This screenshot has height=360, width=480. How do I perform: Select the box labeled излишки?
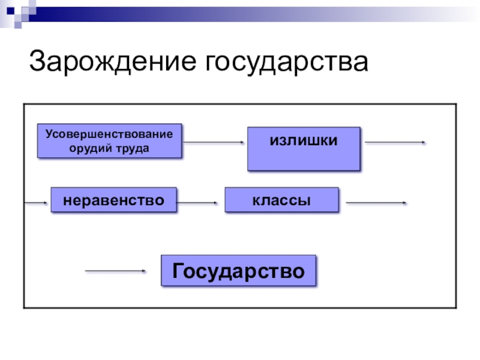[x=304, y=149]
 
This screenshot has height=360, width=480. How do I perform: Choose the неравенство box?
[x=114, y=200]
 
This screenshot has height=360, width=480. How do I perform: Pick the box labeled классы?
[x=281, y=200]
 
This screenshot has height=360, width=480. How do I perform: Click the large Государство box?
[x=239, y=271]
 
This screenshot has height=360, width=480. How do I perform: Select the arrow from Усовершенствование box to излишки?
[x=214, y=142]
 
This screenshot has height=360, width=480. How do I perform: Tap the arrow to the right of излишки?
[x=395, y=142]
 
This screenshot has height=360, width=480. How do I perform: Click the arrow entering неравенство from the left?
[x=35, y=203]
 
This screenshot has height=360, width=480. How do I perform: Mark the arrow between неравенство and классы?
[x=197, y=203]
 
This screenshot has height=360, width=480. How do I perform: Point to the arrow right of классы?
[x=376, y=203]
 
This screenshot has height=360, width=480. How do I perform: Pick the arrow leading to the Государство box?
[x=115, y=271]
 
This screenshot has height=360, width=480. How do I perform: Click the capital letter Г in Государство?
[x=178, y=271]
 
